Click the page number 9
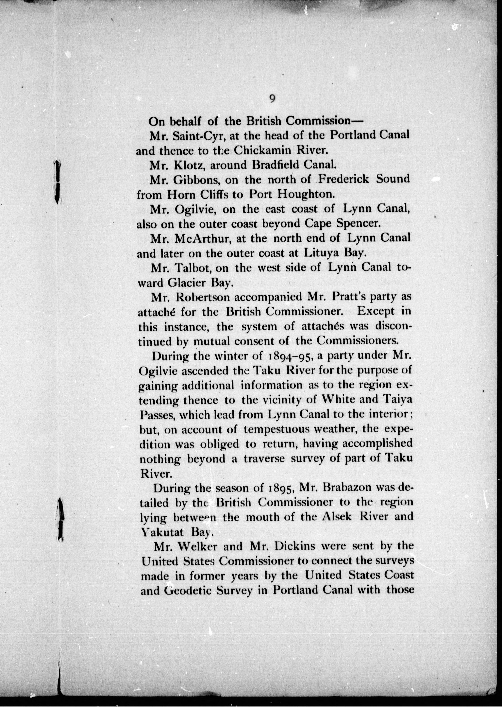coord(272,99)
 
